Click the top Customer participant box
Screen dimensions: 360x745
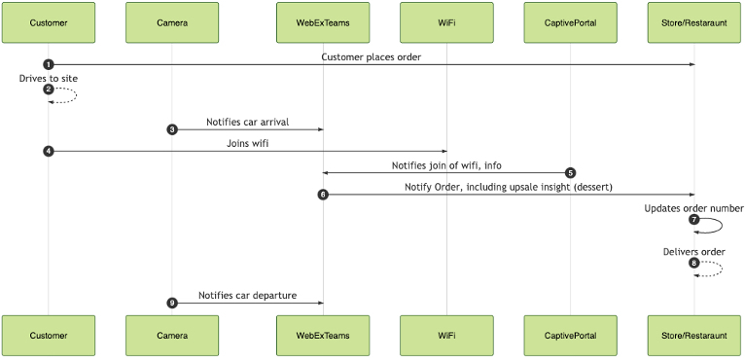pos(49,22)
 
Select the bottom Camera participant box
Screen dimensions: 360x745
pos(172,335)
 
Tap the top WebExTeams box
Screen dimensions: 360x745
pos(323,22)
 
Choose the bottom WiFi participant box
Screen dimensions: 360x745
pos(446,335)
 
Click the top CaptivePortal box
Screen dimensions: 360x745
pos(570,22)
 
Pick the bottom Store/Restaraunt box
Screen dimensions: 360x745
pos(693,335)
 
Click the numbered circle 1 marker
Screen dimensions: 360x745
pos(49,64)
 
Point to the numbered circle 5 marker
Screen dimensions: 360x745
pos(571,173)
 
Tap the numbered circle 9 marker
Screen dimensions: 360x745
pos(172,303)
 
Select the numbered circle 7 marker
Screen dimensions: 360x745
pos(693,220)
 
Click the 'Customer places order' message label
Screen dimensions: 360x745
pos(371,56)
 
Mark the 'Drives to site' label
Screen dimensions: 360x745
pos(48,77)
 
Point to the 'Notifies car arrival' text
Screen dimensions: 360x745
pos(247,122)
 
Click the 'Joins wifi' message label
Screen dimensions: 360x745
pos(247,143)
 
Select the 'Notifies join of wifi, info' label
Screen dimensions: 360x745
pos(446,165)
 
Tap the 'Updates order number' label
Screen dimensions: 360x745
pos(693,208)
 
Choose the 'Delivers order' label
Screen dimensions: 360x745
pos(693,251)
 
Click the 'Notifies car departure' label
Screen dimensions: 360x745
pos(247,295)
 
